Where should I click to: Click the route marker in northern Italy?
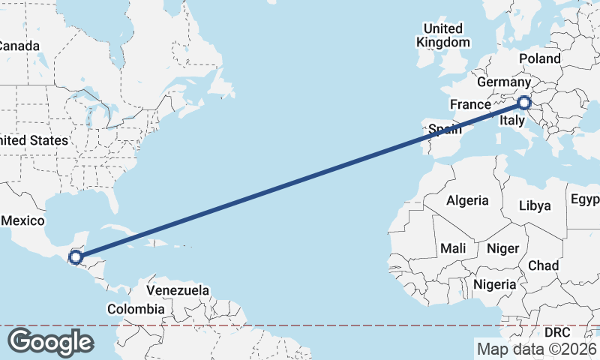pyautogui.click(x=524, y=103)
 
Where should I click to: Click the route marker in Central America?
pyautogui.click(x=75, y=258)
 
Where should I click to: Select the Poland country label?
pyautogui.click(x=539, y=58)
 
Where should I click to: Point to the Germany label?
pyautogui.click(x=504, y=82)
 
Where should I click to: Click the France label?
pyautogui.click(x=469, y=104)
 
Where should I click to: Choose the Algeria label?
pyautogui.click(x=467, y=201)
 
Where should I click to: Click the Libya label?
pyautogui.click(x=535, y=205)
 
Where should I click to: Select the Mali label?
pyautogui.click(x=453, y=248)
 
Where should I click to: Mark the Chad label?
pyautogui.click(x=543, y=265)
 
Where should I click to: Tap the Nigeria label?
pyautogui.click(x=495, y=285)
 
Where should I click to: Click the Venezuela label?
pyautogui.click(x=178, y=289)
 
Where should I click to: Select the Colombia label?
pyautogui.click(x=135, y=309)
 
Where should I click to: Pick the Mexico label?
pyautogui.click(x=23, y=220)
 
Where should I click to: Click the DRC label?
pyautogui.click(x=557, y=331)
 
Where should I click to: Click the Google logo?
pyautogui.click(x=50, y=342)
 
